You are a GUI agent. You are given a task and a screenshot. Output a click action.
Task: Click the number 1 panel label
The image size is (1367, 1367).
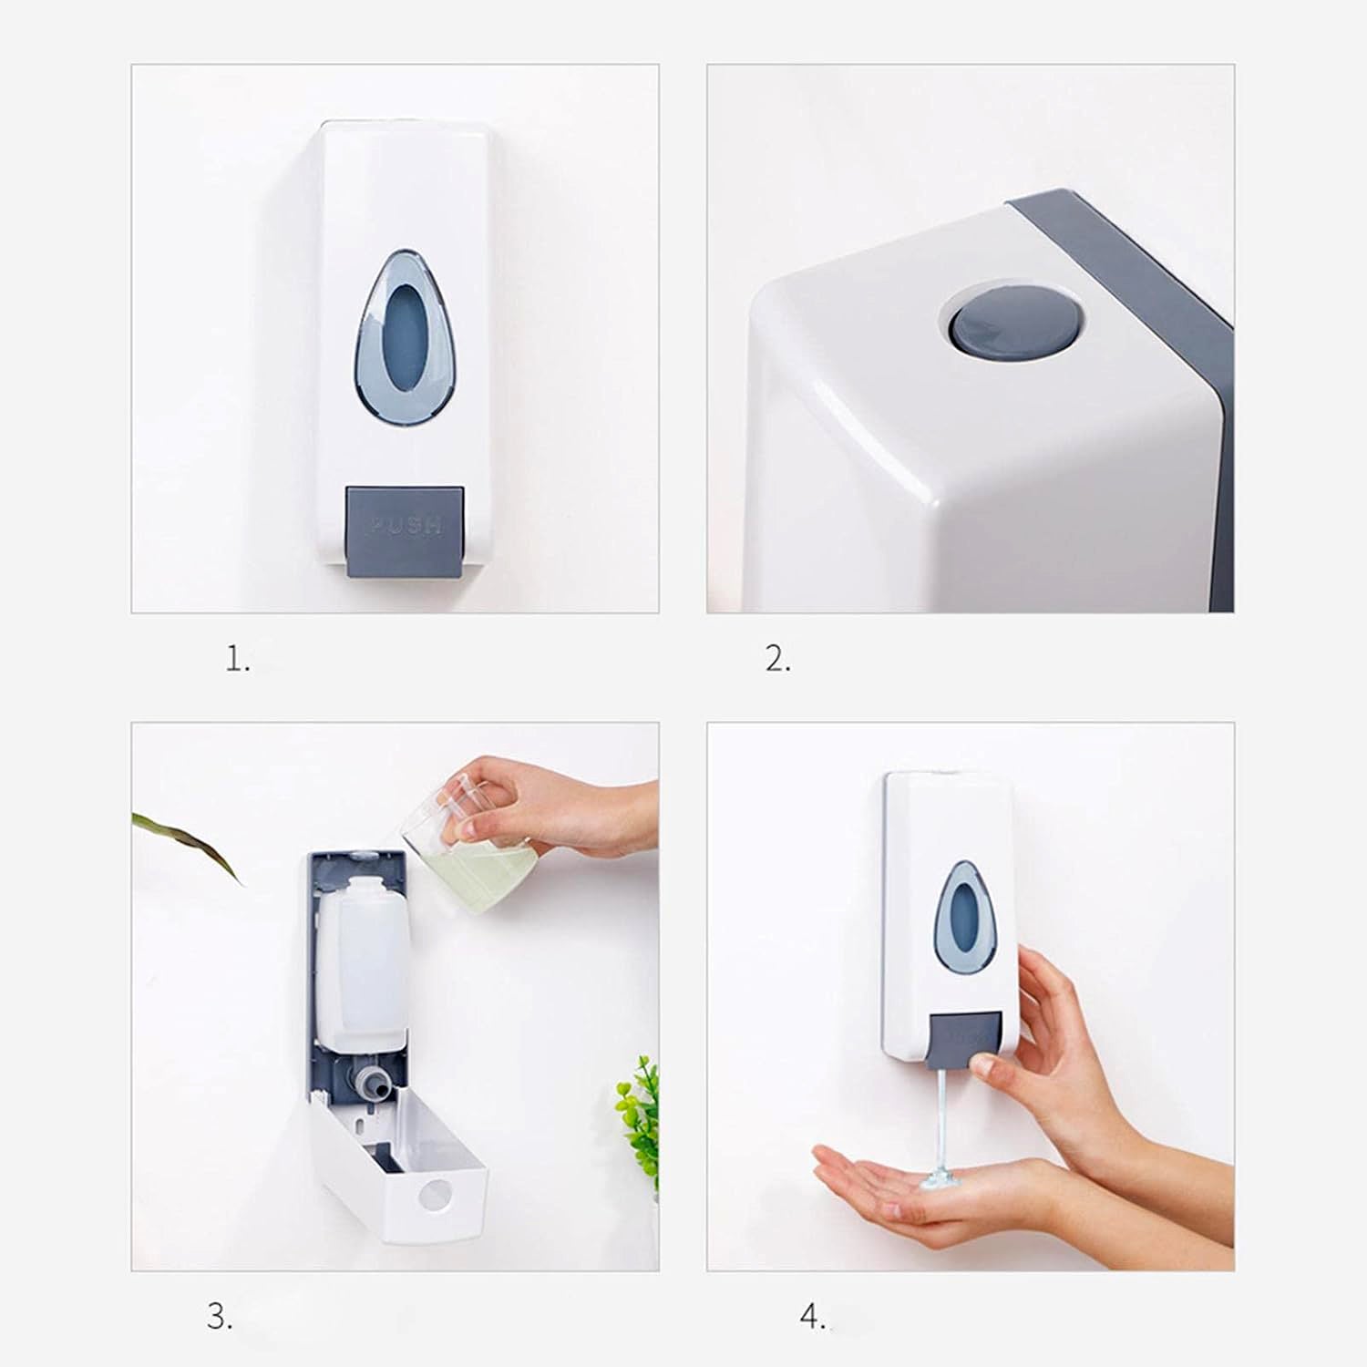coord(237,659)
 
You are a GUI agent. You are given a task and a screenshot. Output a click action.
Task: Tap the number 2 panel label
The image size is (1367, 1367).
coord(776,659)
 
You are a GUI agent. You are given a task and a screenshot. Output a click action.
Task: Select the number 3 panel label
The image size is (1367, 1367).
coord(219,1317)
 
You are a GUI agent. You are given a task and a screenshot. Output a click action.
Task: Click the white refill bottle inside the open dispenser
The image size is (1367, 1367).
coord(361,966)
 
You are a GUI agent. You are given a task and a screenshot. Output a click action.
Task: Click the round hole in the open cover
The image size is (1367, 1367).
coord(438,1195)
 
